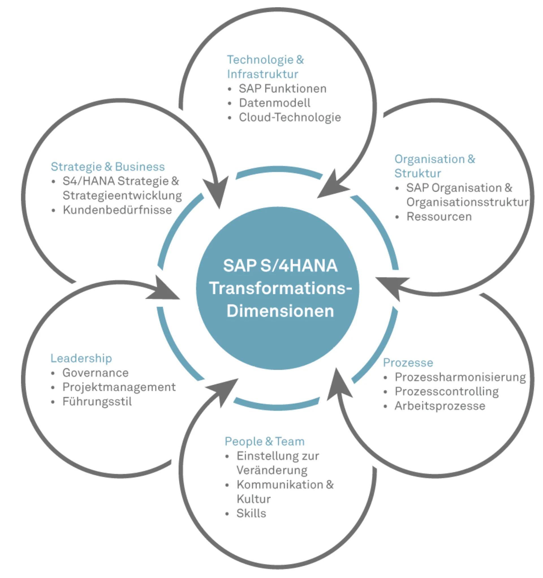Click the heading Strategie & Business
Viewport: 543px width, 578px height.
click(107, 167)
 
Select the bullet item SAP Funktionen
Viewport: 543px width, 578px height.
click(282, 89)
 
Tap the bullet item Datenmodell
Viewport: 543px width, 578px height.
click(274, 103)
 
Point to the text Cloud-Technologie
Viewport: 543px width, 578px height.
click(290, 117)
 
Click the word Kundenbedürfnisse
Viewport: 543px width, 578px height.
click(117, 210)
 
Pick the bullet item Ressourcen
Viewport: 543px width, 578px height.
click(439, 217)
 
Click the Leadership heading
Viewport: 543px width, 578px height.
click(81, 358)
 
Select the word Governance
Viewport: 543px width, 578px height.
click(95, 373)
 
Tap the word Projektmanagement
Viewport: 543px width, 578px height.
click(119, 387)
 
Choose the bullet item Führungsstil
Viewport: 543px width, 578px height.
click(97, 402)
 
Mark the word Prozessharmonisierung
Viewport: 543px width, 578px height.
click(460, 377)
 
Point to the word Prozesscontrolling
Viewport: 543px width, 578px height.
click(447, 392)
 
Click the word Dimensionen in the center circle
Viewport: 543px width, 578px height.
click(280, 311)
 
